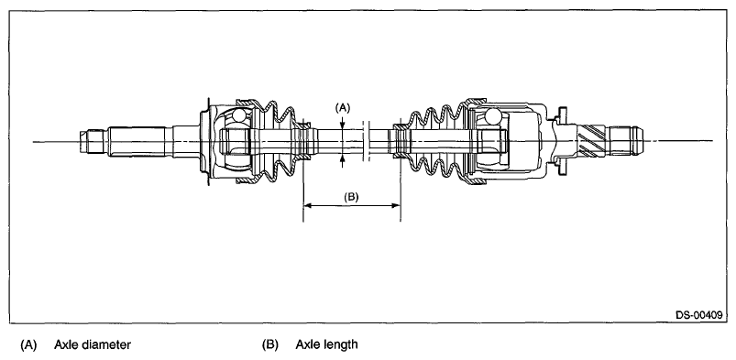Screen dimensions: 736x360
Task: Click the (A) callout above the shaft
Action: coord(342,108)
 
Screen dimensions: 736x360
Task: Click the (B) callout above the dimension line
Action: coord(351,197)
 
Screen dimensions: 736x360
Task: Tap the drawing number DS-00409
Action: coord(699,315)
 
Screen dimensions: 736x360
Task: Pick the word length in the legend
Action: coord(341,345)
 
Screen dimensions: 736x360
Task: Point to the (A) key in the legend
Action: coord(28,345)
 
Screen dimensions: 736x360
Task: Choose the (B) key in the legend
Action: coord(269,345)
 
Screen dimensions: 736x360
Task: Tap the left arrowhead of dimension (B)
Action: coord(308,205)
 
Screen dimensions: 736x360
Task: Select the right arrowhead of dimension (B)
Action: coord(396,205)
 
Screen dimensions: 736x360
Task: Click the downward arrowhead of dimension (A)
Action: coord(343,124)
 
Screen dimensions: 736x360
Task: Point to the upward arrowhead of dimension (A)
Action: coord(343,159)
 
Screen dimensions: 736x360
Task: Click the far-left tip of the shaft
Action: coord(80,142)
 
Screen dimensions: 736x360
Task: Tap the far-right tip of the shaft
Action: coord(643,139)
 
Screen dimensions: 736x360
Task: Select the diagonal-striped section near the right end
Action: coord(591,140)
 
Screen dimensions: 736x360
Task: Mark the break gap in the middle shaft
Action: coord(367,141)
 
